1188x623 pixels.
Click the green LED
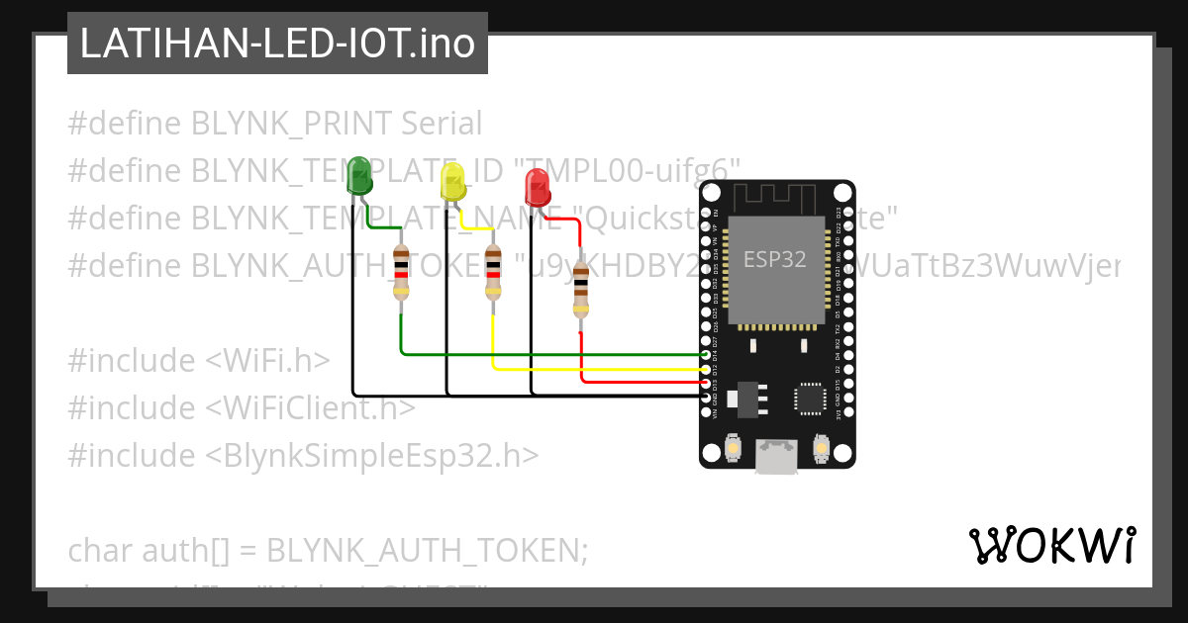pyautogui.click(x=359, y=176)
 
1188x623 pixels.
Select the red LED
pyautogui.click(x=538, y=187)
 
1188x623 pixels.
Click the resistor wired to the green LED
pyautogui.click(x=400, y=273)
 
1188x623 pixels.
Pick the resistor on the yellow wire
pyautogui.click(x=493, y=274)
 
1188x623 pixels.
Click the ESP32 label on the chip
pyautogui.click(x=774, y=259)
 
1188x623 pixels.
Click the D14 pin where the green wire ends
pyautogui.click(x=706, y=354)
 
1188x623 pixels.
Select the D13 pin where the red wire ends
pyautogui.click(x=706, y=382)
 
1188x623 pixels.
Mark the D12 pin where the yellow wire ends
pyautogui.click(x=706, y=368)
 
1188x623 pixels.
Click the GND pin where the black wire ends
pyautogui.click(x=706, y=396)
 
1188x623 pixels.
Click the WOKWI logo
pyautogui.click(x=1052, y=545)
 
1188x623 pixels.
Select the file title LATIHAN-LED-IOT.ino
pyautogui.click(x=277, y=44)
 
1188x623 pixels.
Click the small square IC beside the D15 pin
pyautogui.click(x=810, y=398)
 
